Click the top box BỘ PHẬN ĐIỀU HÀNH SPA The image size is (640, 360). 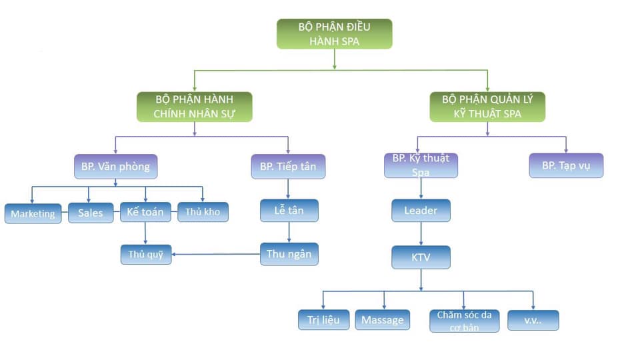tap(334, 33)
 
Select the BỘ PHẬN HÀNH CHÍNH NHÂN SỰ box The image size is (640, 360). tap(194, 107)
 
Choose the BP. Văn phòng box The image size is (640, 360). tap(115, 166)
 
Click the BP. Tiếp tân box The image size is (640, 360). tap(288, 166)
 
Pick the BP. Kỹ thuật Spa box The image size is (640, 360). tap(421, 165)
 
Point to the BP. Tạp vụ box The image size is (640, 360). tap(566, 166)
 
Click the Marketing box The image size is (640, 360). tap(33, 214)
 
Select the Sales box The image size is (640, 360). tap(91, 213)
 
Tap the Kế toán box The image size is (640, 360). tap(145, 213)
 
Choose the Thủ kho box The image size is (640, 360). tap(203, 213)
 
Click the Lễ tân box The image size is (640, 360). tap(288, 211)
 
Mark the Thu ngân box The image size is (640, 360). tap(288, 253)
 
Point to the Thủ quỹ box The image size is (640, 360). tap(146, 254)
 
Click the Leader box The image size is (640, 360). tap(421, 211)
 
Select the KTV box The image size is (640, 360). tap(421, 257)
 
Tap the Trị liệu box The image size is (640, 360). tap(323, 319)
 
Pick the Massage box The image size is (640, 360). tap(382, 320)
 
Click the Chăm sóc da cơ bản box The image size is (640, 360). tap(464, 321)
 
